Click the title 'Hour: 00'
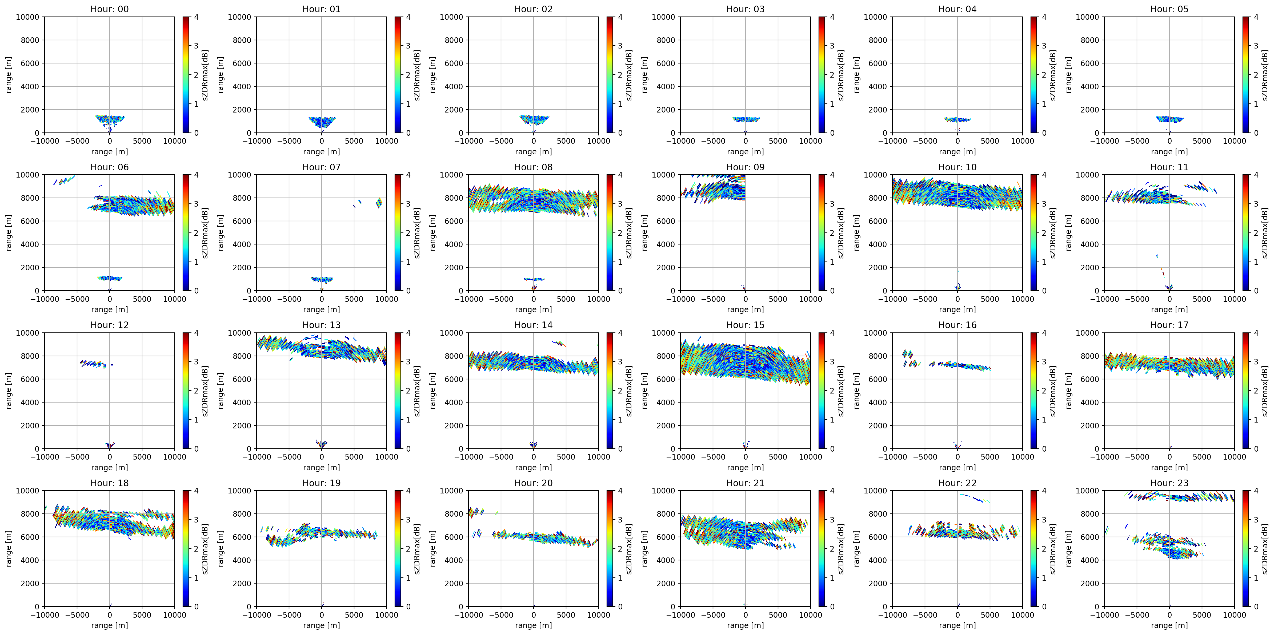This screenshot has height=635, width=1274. coord(109,9)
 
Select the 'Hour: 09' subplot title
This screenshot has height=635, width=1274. coord(745,167)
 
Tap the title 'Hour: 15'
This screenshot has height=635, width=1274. coord(745,325)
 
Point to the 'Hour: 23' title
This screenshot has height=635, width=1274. coord(1169,483)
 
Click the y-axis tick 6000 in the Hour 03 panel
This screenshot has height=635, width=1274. coord(666,63)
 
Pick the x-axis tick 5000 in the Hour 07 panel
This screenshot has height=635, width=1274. coord(354,299)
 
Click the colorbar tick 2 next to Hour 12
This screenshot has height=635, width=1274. coord(196,391)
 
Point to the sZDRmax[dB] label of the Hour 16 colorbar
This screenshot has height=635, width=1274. coord(1053,391)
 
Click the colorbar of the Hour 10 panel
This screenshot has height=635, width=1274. coord(1034,232)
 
